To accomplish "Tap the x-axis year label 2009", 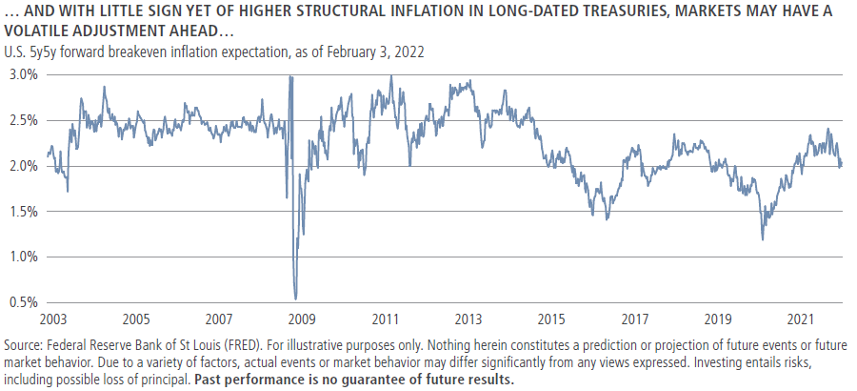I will click(302, 319).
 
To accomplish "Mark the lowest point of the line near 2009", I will click(295, 298).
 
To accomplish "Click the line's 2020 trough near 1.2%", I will click(762, 238).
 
